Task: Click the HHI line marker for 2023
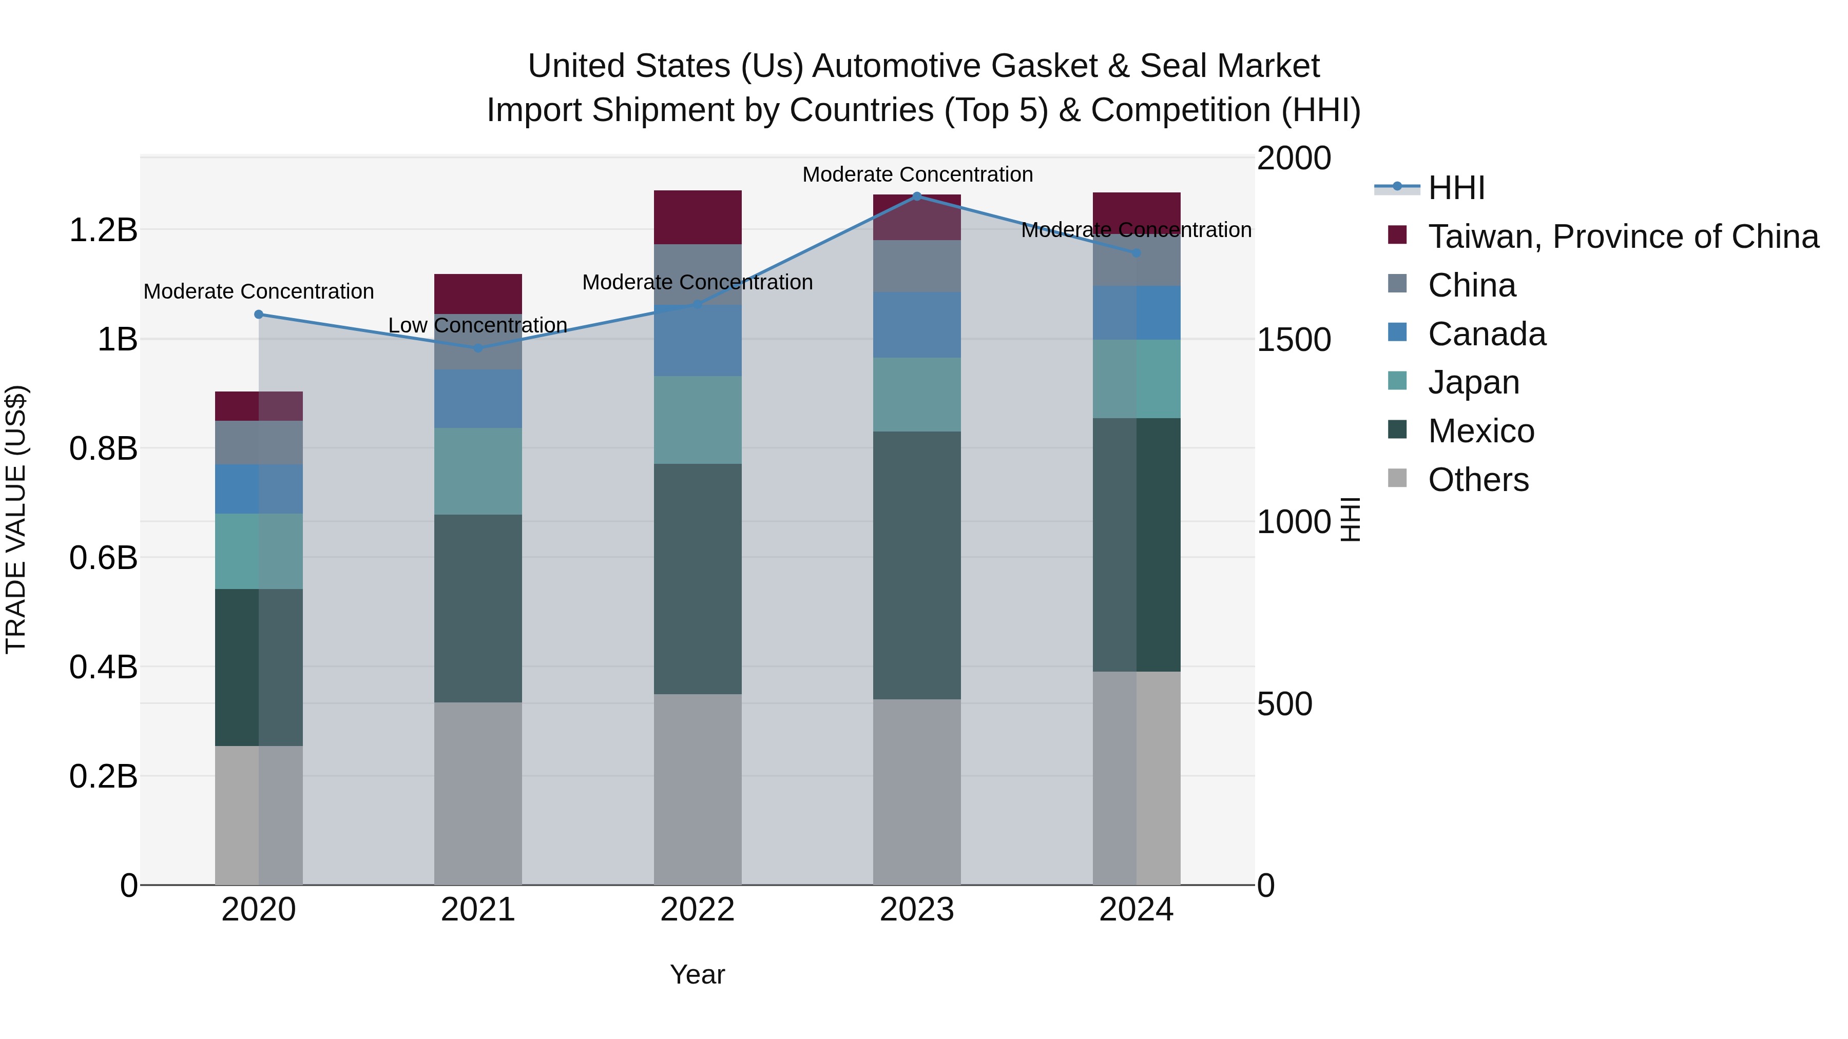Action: coord(916,196)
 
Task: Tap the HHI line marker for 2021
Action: coord(478,348)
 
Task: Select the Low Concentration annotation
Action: coord(478,325)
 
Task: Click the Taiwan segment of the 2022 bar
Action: coord(697,217)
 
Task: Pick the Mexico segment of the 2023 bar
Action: coord(916,565)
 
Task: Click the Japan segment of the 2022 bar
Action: coord(697,420)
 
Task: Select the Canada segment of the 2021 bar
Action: coord(478,399)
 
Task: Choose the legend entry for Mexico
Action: coord(1480,431)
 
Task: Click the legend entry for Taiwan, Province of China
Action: coord(1623,237)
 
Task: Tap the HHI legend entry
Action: coord(1456,188)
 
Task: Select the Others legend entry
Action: coord(1478,480)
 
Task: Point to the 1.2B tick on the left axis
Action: coord(103,230)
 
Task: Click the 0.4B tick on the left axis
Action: coord(103,667)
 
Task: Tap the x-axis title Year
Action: coord(697,974)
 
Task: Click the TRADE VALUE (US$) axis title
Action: coord(16,519)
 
